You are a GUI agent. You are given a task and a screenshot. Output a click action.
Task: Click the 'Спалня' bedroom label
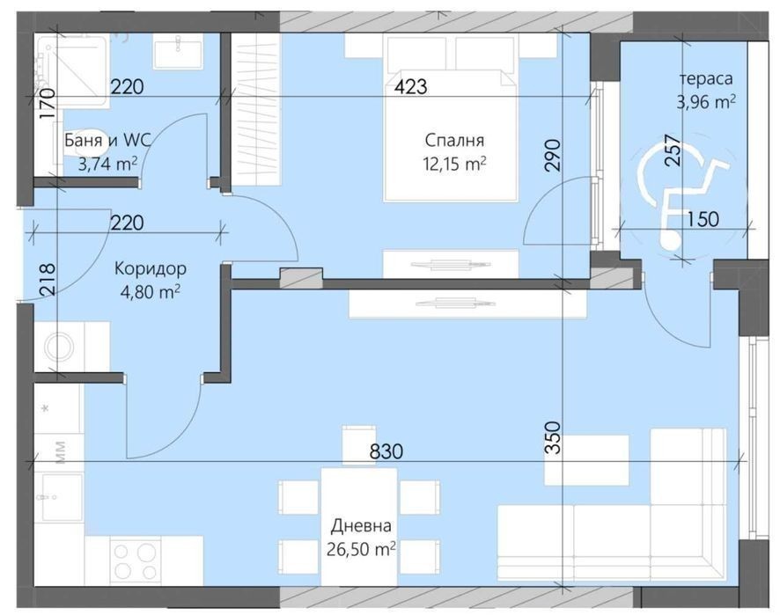(454, 140)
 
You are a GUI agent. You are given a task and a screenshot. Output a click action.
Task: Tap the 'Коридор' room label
(151, 269)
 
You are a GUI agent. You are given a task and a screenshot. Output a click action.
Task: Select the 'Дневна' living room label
(361, 526)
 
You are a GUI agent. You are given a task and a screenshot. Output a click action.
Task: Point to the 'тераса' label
(706, 79)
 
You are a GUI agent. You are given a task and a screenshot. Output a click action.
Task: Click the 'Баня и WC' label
(107, 141)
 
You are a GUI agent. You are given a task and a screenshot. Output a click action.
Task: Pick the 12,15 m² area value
(454, 163)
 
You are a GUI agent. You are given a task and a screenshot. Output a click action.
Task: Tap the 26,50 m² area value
(361, 549)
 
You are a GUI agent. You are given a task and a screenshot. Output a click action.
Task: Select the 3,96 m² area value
(706, 102)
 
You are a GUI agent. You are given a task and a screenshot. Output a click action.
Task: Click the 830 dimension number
(386, 451)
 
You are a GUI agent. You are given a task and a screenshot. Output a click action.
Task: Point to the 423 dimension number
(410, 87)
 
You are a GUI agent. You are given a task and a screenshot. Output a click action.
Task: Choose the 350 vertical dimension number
(553, 437)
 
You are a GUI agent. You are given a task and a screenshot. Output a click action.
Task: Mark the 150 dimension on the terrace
(703, 219)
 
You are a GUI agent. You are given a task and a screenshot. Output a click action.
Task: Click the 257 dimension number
(672, 150)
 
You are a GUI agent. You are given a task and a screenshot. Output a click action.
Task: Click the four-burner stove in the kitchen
(135, 560)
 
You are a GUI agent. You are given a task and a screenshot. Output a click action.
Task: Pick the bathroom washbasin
(178, 54)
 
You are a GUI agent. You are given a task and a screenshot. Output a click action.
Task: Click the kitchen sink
(62, 497)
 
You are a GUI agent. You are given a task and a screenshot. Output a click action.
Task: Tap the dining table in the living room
(359, 526)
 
